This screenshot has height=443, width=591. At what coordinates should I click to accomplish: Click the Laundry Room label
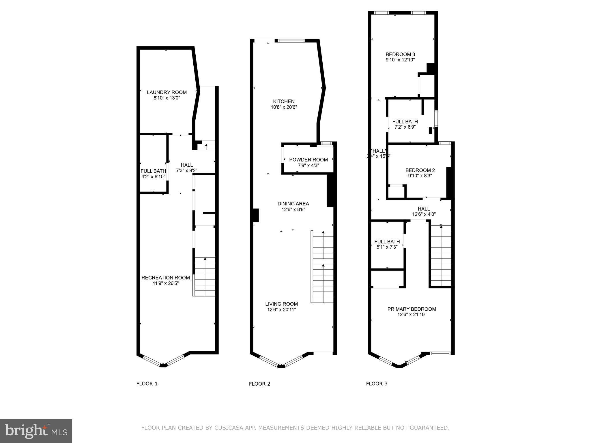tap(167, 92)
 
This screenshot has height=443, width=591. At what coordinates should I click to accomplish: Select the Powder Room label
tap(308, 160)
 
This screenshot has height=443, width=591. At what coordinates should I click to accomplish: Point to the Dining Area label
tap(293, 204)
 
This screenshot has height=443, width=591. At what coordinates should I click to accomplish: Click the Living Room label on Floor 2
tap(281, 304)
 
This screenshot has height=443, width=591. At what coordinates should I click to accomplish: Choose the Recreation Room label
tap(166, 278)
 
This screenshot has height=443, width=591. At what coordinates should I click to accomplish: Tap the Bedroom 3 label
tap(400, 55)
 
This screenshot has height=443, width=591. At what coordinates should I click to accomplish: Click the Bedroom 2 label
tap(420, 170)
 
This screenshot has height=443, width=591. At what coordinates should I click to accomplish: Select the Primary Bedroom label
tap(412, 309)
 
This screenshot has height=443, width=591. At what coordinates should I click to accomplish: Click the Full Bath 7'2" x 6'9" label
tap(405, 122)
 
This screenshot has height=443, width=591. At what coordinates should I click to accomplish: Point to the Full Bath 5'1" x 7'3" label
tap(387, 242)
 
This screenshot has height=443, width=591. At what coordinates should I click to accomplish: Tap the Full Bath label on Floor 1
tap(153, 171)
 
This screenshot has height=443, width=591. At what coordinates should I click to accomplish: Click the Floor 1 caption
tap(147, 384)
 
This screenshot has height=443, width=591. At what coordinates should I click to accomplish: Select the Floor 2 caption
tap(259, 384)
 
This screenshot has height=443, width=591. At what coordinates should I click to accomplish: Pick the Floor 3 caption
tap(377, 384)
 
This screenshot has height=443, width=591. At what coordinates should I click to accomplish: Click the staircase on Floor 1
tap(204, 277)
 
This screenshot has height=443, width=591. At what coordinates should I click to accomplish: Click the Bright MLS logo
tap(36, 431)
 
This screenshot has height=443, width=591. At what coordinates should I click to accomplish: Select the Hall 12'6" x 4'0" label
tap(424, 211)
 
